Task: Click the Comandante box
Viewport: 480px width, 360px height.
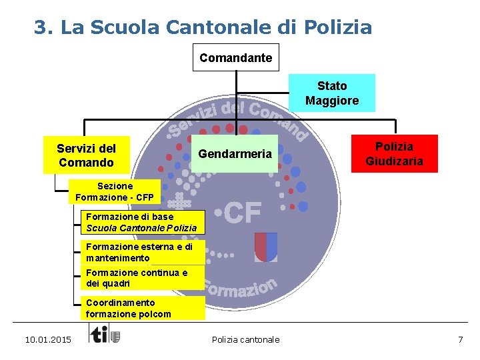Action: [236, 57]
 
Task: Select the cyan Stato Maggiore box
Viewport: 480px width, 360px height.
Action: [332, 93]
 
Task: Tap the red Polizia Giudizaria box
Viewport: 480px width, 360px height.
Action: [394, 153]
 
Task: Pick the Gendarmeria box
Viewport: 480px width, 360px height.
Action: [235, 154]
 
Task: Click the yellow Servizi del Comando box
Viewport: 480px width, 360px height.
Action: [85, 155]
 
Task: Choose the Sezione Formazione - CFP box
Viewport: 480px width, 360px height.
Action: [115, 191]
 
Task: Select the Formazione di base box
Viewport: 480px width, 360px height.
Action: [141, 222]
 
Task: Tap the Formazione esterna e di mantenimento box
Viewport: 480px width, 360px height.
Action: [141, 252]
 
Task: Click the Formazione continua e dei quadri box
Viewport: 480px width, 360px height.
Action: [141, 278]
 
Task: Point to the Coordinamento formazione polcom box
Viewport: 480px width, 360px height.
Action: [141, 308]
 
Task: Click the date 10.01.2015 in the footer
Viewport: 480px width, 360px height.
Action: [47, 340]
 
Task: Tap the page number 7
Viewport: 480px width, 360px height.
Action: [460, 340]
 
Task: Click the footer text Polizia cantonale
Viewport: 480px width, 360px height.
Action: [245, 340]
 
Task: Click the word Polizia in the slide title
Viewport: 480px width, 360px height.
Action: [337, 27]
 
